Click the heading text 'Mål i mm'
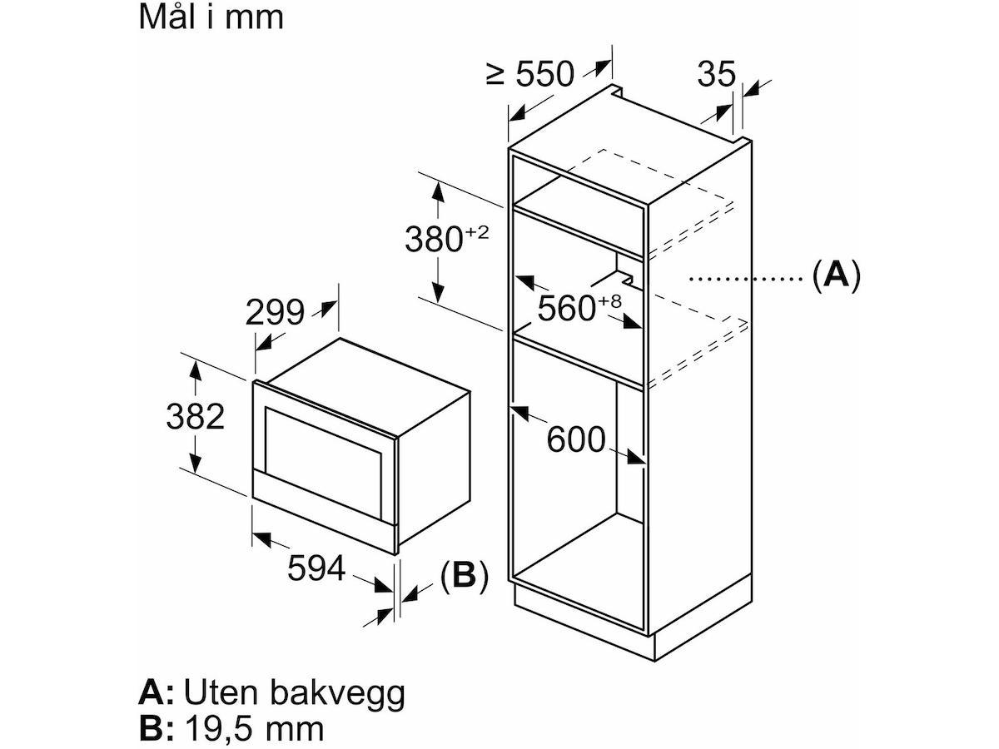(211, 17)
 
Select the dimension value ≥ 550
(530, 75)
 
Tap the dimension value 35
(717, 75)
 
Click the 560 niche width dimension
(568, 310)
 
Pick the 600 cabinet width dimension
(575, 439)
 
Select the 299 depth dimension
(275, 312)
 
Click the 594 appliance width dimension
(316, 568)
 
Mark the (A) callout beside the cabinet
(835, 274)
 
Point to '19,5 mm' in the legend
(253, 729)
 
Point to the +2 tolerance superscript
(476, 234)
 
